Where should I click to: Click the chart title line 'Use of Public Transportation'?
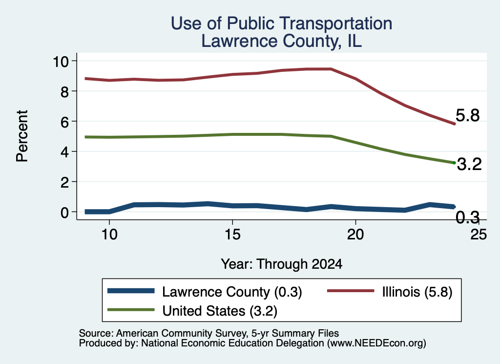coord(281,23)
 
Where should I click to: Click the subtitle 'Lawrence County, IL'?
coord(281,41)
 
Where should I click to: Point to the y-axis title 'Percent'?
coord(22,136)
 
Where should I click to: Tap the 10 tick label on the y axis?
coord(61,61)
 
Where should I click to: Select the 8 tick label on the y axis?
coord(65,91)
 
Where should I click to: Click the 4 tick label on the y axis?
coord(65,152)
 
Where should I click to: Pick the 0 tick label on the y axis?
coord(65,212)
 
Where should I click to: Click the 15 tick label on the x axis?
coord(232,235)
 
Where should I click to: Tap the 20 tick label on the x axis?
coord(355,235)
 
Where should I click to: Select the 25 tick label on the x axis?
coord(479,235)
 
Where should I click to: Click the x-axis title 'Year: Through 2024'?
coord(281,264)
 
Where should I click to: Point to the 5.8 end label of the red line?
coord(467,115)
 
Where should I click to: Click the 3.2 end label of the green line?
coord(469,164)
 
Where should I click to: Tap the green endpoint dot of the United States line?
coord(454,163)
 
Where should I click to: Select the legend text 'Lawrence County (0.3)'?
coord(232,292)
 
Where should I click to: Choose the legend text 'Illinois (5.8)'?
coord(417,292)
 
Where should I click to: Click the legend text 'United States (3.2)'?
coord(220,311)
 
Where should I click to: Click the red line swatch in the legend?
coord(351,291)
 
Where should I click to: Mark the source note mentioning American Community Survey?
coord(208,333)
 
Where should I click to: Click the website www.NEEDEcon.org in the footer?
coord(376,343)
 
